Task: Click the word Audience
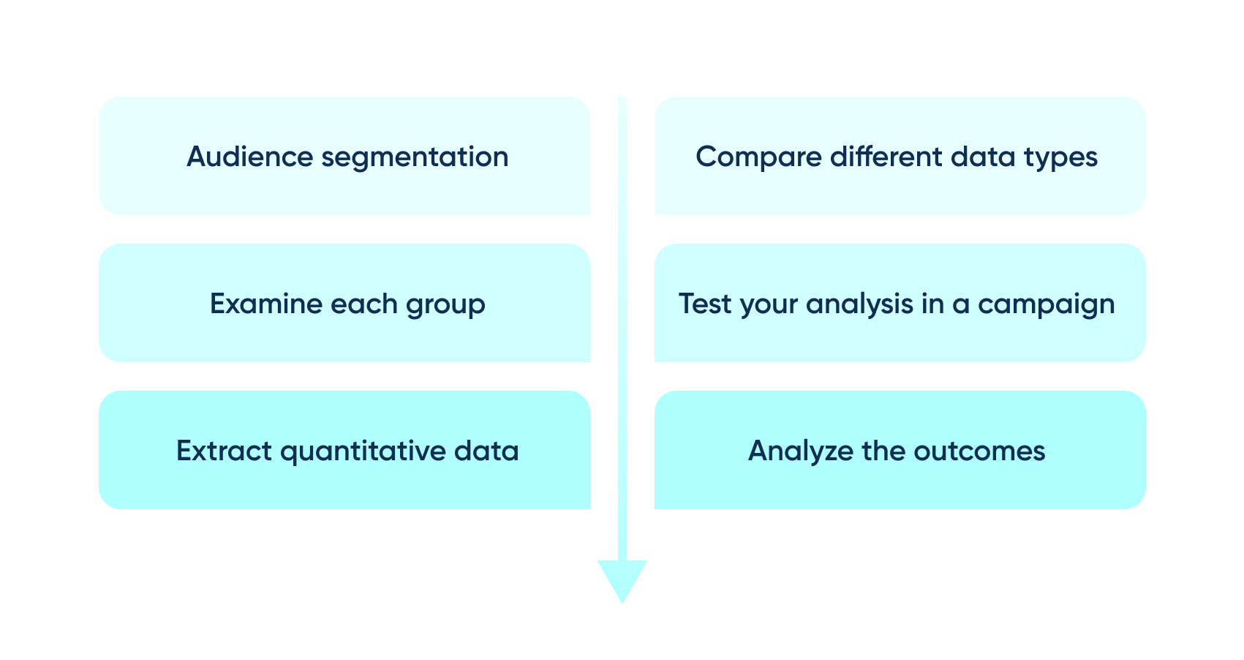pos(250,156)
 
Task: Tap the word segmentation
pos(415,157)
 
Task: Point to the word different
pos(886,156)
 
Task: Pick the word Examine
pos(266,304)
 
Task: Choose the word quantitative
pos(363,451)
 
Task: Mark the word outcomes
pos(980,451)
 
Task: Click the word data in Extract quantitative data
pos(486,450)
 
